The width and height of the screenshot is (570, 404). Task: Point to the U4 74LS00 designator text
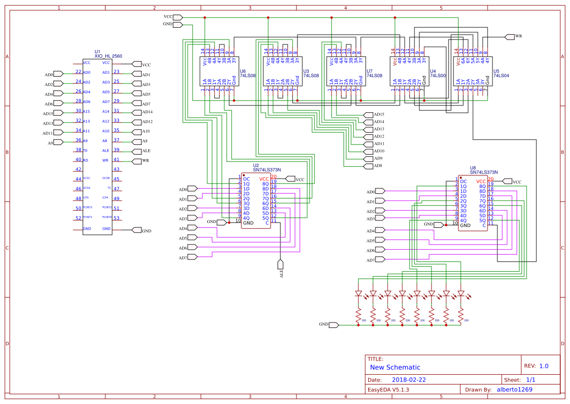tap(438, 73)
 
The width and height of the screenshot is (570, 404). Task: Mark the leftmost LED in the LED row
tap(358, 294)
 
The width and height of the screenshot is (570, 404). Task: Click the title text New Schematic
tap(395, 367)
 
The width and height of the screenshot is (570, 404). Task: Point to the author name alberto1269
tap(514, 389)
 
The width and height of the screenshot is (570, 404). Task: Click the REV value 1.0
tap(544, 366)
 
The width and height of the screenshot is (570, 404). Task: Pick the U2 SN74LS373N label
tap(267, 168)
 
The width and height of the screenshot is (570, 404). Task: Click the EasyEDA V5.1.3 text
tap(388, 389)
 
